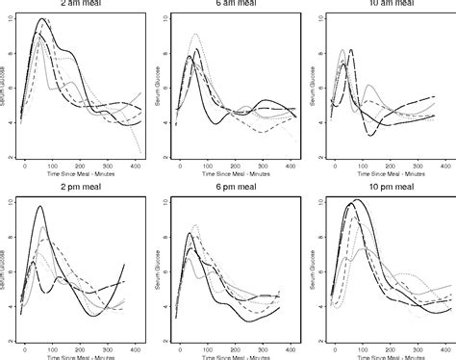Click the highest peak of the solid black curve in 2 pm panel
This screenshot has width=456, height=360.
[39, 206]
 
